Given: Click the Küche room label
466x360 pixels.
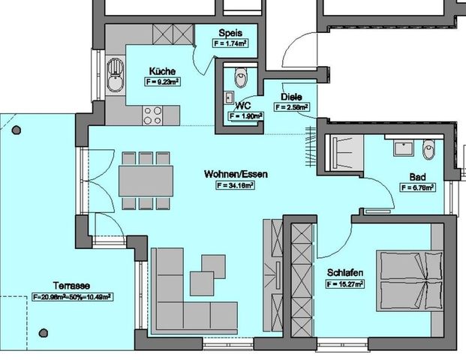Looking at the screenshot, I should pos(162,71).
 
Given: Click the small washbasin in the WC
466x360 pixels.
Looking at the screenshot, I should pos(229,97).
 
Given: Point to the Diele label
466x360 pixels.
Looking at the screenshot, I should pos(291,97).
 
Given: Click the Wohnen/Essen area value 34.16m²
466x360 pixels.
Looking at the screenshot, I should pos(236,184).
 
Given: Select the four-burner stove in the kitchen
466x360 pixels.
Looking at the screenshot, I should pos(153,115).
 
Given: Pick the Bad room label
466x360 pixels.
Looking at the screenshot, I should pos(418,177).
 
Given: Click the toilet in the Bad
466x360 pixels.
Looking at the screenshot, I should pos(428,150).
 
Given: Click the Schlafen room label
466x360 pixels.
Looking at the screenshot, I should pos(345,274).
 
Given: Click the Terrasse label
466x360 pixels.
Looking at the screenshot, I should pos(72,286).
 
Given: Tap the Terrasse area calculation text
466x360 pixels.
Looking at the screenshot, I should pos(72,297).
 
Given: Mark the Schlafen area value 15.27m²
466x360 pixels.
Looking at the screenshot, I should pos(345,284).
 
